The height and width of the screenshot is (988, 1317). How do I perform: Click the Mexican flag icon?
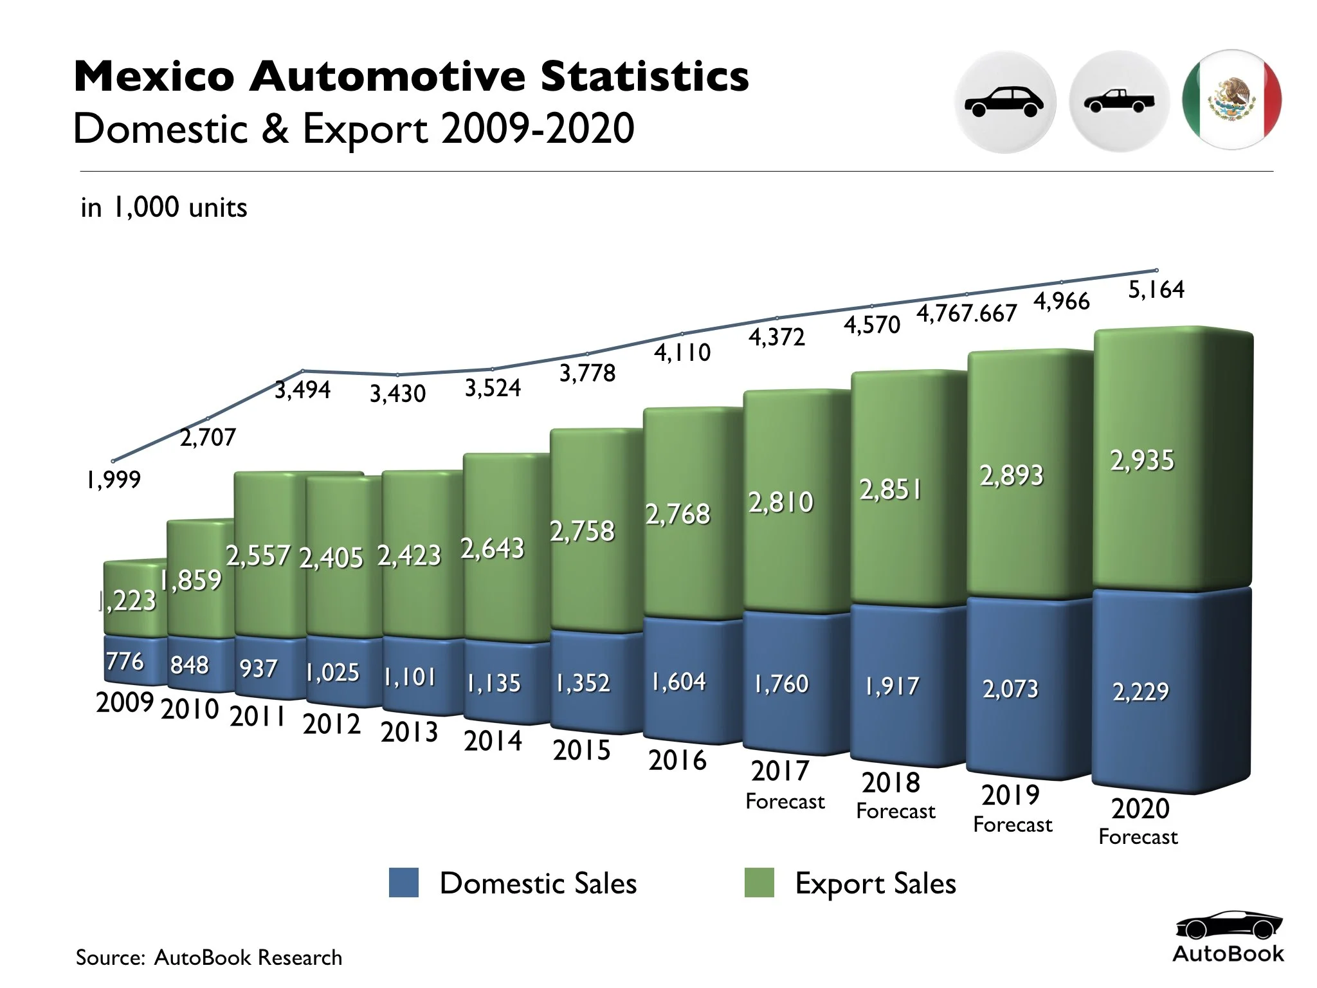point(1231,100)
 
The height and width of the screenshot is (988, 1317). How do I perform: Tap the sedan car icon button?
point(1004,102)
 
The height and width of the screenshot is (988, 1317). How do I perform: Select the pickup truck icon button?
point(1118,102)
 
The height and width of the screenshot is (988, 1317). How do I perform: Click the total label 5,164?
point(1156,289)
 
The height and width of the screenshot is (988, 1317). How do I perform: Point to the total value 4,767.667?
point(967,313)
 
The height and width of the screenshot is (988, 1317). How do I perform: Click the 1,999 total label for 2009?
point(113,480)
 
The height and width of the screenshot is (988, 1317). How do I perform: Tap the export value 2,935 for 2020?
point(1142,461)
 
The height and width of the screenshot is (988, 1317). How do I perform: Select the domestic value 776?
point(125,661)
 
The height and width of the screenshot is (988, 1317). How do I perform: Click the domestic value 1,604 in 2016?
point(678,682)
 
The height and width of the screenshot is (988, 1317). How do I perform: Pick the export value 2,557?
point(258,556)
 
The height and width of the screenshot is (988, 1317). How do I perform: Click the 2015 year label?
point(581,751)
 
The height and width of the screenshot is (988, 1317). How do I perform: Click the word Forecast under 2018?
point(896,812)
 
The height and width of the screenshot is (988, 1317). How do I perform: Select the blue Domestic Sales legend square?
point(404,883)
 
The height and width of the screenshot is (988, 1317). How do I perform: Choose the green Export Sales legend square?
point(759,883)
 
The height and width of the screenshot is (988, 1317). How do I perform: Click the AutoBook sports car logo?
point(1229,926)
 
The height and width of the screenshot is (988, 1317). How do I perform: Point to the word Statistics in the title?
point(644,76)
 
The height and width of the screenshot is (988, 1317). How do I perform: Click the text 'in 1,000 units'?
point(164,208)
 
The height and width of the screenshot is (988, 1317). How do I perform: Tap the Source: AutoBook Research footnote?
point(209,958)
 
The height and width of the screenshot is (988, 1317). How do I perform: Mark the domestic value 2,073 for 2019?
point(1010,690)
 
